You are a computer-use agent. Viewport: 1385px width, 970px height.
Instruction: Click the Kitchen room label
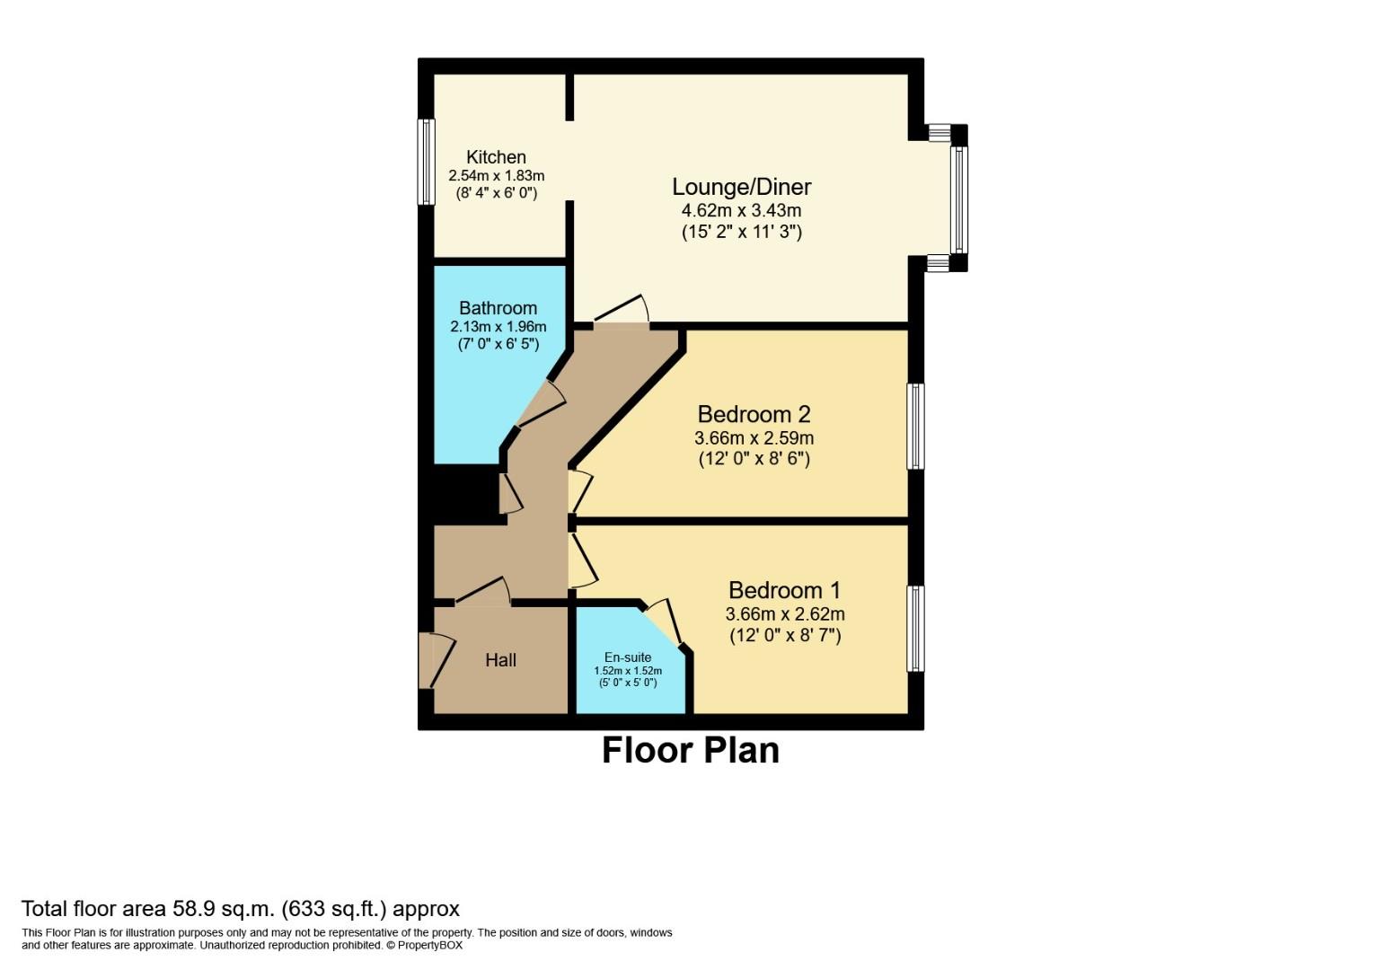pos(496,157)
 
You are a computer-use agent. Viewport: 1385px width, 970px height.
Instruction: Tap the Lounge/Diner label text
pos(741,187)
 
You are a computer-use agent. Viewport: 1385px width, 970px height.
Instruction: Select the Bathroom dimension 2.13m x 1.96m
pos(498,327)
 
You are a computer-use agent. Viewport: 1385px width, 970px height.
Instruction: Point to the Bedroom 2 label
pos(754,414)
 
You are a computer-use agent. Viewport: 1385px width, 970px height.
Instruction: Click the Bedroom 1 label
pos(784,590)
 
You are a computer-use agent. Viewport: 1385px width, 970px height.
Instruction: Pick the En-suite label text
pos(628,657)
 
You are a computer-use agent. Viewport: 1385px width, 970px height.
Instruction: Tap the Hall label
pos(500,660)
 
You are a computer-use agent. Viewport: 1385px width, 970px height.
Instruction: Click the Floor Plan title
pos(690,751)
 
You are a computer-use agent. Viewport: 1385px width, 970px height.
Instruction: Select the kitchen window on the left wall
pos(426,162)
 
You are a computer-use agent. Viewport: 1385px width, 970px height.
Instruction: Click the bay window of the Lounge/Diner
pos(958,198)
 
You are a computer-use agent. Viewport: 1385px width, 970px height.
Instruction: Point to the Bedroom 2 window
pos(915,426)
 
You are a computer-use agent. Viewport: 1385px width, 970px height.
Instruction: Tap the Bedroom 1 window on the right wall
pos(915,629)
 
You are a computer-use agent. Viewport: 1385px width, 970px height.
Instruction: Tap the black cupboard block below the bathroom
pos(465,494)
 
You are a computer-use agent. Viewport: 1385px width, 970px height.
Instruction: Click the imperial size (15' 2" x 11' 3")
pos(741,232)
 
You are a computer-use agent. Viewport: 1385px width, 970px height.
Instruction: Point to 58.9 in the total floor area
pos(191,909)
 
